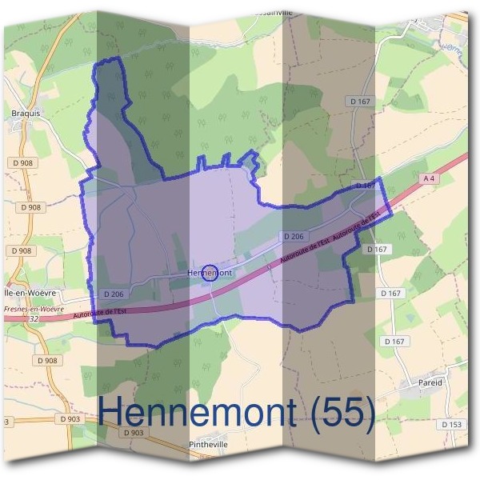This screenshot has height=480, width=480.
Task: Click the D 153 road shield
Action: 451,424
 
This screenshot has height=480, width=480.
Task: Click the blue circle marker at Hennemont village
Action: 210,273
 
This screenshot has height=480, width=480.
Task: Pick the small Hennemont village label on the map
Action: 209,273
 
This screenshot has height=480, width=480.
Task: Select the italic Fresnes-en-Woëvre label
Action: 32,308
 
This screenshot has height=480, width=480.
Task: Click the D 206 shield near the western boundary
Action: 114,294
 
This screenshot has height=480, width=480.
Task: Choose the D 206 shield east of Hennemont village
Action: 294,236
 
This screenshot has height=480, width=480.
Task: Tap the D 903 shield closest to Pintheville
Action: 134,433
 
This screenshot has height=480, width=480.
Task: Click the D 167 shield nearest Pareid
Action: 394,342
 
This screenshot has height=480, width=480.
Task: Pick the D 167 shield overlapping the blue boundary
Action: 365,186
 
